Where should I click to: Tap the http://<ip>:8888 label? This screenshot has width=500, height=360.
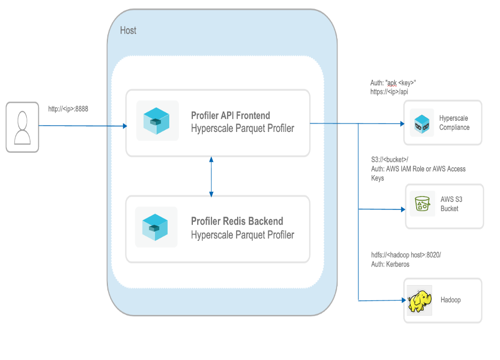(68, 109)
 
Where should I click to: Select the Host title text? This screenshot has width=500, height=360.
(128, 30)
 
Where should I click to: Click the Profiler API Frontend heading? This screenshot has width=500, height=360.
(230, 115)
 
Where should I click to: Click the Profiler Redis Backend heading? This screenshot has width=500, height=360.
(237, 221)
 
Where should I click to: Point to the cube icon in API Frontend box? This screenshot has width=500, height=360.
(157, 121)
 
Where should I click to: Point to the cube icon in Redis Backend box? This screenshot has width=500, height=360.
(155, 227)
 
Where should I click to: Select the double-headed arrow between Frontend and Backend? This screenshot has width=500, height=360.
(212, 176)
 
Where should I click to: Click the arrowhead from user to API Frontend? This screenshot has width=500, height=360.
(124, 126)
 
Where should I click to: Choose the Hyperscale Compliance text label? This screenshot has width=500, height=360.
(454, 123)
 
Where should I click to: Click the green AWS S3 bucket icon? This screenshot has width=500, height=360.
(423, 204)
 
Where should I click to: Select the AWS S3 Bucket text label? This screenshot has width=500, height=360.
(451, 204)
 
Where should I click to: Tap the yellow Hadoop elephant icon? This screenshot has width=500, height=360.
(419, 301)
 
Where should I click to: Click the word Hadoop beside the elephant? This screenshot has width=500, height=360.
(450, 300)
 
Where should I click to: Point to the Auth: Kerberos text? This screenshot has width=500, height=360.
(390, 264)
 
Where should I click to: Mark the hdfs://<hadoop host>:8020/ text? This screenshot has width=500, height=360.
(406, 255)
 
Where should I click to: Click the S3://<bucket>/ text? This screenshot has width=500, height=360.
(389, 160)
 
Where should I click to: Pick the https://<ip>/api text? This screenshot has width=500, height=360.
(389, 92)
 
